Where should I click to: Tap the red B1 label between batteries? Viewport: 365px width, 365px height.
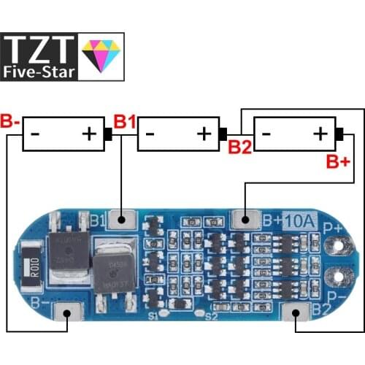point(124,122)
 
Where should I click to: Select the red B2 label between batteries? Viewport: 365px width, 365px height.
point(240,148)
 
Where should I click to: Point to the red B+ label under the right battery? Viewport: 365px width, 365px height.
point(337,161)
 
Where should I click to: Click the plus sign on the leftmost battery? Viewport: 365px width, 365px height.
point(89,134)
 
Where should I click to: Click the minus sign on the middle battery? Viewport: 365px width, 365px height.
point(150,134)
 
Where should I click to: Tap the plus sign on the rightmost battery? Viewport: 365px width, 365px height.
point(320,134)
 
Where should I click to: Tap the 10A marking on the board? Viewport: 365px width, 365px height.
point(299,218)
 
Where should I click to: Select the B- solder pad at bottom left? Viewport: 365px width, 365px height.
point(68,314)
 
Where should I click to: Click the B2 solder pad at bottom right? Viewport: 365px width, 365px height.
point(295,315)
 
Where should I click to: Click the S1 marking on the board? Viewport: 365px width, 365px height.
point(152,317)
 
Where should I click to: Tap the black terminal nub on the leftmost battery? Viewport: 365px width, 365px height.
point(108,134)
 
